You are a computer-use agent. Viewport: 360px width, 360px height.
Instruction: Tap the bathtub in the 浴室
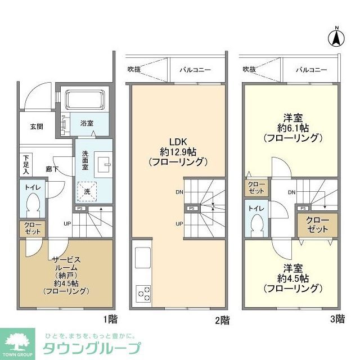(84, 101)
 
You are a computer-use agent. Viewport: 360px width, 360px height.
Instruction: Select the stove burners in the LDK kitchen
(143, 294)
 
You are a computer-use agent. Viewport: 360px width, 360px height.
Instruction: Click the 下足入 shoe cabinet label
(25, 161)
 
